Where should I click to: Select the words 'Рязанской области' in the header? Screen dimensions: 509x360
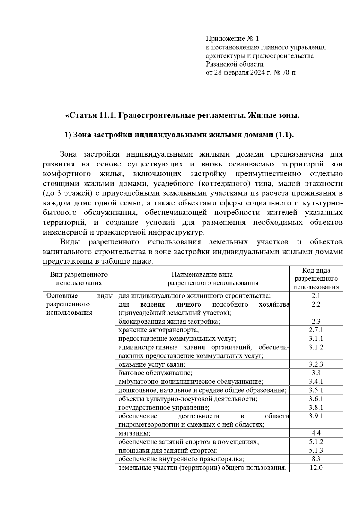235,64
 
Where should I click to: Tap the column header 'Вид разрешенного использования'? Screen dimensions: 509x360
79,279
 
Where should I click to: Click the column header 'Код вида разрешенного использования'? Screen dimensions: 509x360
316,279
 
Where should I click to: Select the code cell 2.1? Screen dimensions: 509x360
316,296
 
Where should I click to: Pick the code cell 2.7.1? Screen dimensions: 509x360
316,330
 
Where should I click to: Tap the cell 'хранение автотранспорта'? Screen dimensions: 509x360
159,330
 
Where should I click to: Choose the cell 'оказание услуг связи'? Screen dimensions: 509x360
152,364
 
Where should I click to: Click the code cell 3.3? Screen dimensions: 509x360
316,373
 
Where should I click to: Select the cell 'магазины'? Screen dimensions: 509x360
134,433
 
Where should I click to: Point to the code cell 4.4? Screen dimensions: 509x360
316,433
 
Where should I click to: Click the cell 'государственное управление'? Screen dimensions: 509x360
164,408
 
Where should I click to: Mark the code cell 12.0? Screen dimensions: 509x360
316,468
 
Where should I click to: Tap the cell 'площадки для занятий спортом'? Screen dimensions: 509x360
168,451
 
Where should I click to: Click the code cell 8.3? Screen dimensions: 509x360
316,459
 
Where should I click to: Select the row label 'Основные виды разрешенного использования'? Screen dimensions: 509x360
79,304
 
